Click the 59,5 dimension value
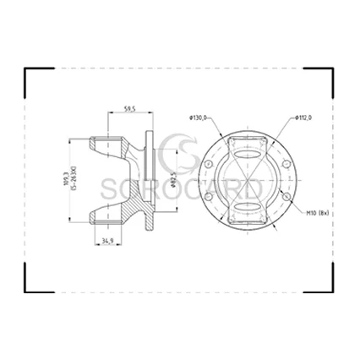coord(130,108)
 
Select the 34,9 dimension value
coord(108,243)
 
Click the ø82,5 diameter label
coord(172,180)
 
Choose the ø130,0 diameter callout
coord(199,117)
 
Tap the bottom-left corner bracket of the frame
coord(29,285)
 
